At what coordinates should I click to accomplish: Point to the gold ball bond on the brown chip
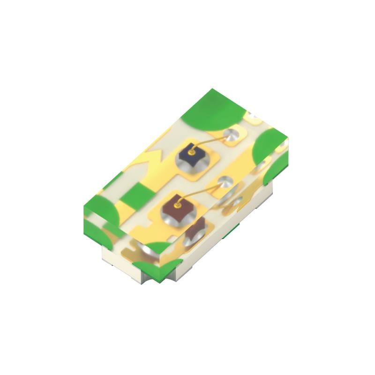tap(177, 205)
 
